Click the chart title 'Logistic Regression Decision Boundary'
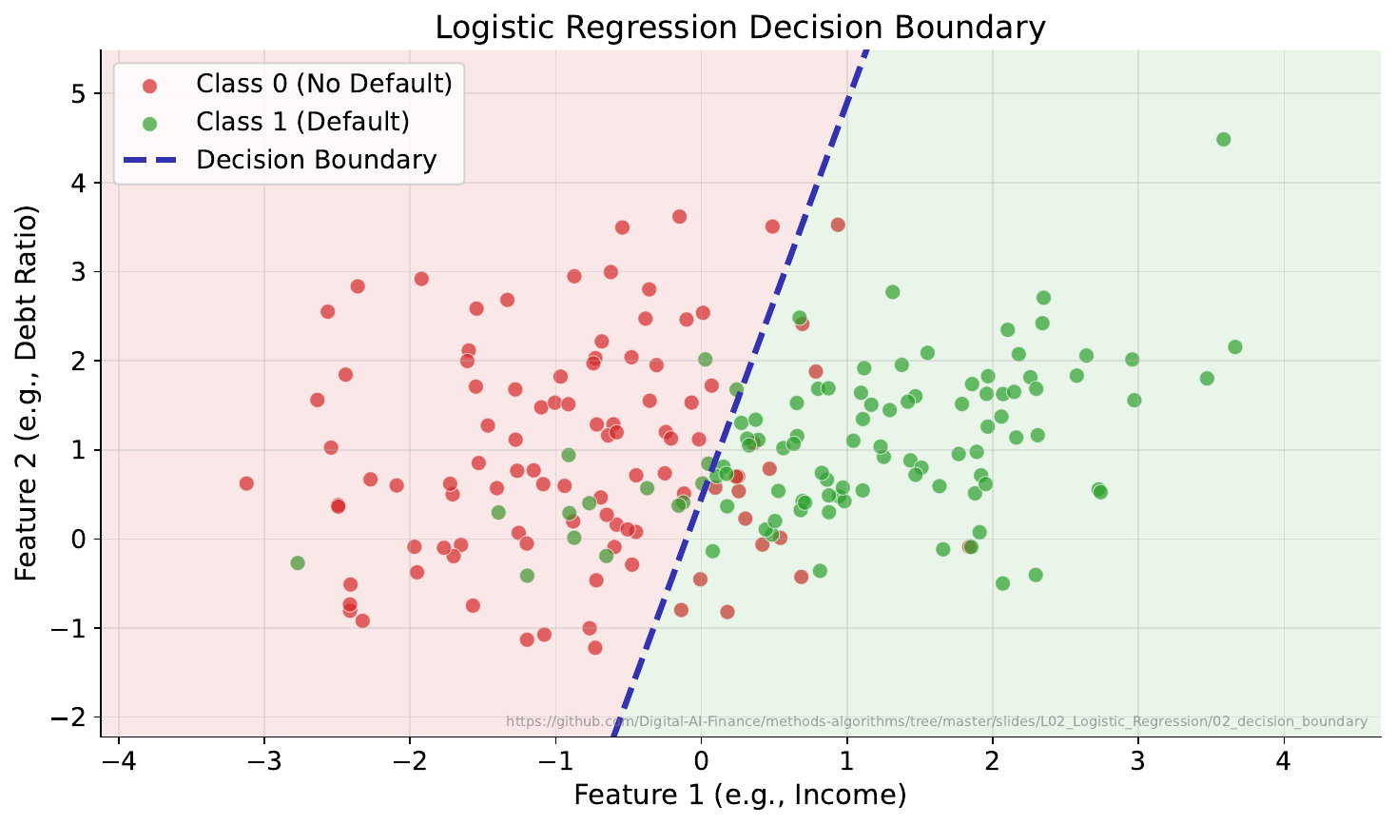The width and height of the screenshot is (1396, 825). coord(740,28)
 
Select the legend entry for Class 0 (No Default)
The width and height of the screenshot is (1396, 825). coord(323,84)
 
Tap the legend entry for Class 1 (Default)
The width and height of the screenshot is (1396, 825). coord(302,122)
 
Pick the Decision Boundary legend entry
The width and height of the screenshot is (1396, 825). coord(316,160)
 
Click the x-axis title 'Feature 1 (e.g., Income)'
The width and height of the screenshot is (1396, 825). coord(740,796)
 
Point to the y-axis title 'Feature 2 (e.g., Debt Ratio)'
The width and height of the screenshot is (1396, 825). coord(26,392)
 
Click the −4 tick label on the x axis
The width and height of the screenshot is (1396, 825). coord(118,762)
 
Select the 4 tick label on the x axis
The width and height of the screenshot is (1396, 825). coord(1284,762)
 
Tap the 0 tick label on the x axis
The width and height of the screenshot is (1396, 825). coord(701,762)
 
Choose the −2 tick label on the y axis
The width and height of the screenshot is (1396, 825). coord(72,717)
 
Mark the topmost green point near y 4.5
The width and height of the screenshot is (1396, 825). coord(1223,139)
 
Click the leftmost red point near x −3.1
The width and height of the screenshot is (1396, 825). coord(246,483)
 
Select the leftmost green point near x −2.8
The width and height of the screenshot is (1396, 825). coord(298,563)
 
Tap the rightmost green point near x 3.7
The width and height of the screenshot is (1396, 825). coord(1234,347)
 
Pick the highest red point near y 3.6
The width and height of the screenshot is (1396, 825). coord(679,217)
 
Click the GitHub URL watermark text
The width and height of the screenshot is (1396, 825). coord(937,722)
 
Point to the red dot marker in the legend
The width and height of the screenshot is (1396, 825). coord(149,85)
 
